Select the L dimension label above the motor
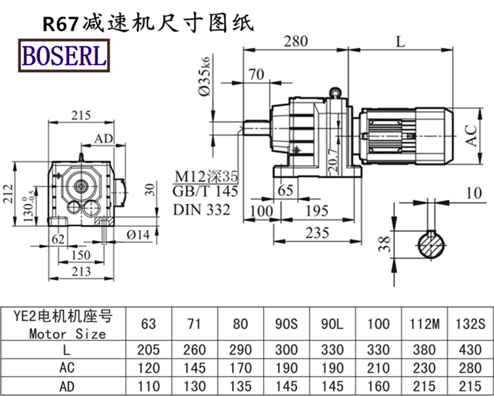point(401,42)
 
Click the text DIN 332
point(202,209)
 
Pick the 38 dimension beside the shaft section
point(385,246)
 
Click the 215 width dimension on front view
point(80,114)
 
